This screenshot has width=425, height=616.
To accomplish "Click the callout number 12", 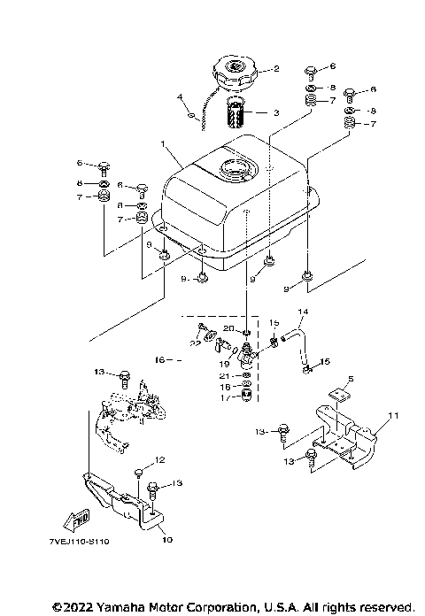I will (x=161, y=459).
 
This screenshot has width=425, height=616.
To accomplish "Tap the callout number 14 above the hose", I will (x=302, y=312).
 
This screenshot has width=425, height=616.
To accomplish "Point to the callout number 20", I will (x=228, y=327).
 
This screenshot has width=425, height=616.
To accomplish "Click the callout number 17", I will (x=223, y=398).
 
